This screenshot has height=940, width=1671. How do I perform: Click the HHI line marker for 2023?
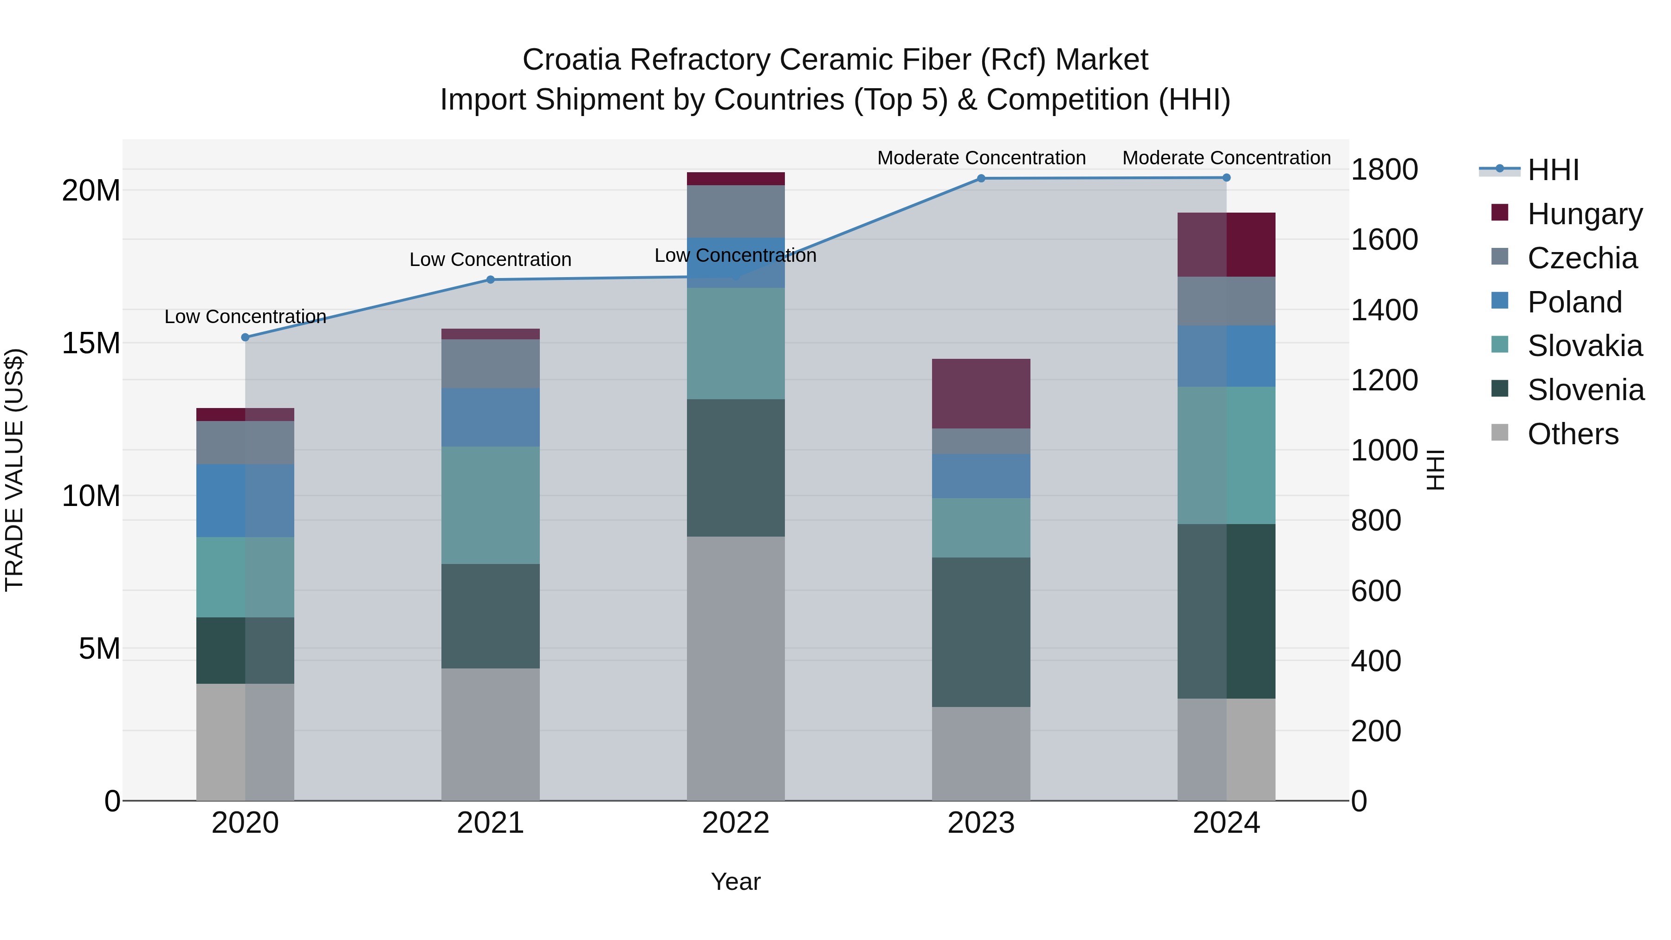point(981,178)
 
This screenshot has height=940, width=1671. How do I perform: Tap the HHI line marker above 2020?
point(245,337)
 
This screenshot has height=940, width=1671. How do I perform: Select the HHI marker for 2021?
point(491,279)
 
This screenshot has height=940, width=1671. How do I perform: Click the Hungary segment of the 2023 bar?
point(981,394)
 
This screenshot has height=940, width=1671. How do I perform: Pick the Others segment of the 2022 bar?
point(736,668)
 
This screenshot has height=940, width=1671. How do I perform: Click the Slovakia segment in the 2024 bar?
point(1226,455)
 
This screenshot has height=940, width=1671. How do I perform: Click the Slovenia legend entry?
point(1586,390)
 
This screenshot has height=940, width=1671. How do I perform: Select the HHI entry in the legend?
point(1553,170)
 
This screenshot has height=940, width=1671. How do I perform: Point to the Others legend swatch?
point(1500,433)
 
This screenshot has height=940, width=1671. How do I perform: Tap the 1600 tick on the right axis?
point(1384,240)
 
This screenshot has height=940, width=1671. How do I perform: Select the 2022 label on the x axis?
point(736,823)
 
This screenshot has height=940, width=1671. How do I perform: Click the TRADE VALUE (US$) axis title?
point(14,470)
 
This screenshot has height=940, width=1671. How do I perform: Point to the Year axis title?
point(736,882)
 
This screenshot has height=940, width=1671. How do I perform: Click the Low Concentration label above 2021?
point(491,259)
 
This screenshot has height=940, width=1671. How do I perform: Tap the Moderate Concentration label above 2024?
point(1226,158)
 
